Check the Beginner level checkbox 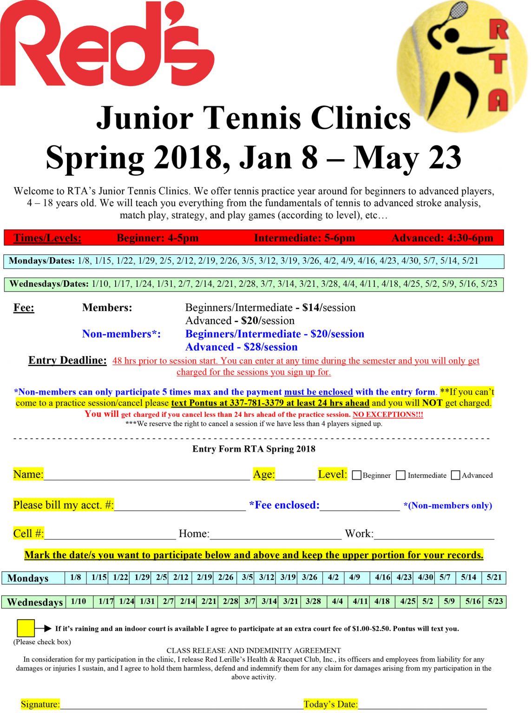357,475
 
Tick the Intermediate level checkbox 400,475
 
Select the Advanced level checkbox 455,475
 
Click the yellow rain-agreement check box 26,628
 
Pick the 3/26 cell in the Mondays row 309,577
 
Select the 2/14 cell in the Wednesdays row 188,602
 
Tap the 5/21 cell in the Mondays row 494,577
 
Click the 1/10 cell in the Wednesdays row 79,602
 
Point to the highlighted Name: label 28,474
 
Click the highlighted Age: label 264,474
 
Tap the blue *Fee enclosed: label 284,506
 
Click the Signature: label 40,704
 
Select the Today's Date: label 330,704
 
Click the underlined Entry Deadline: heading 67,361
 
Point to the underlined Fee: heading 24,308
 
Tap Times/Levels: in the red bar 47,238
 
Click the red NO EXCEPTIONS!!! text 387,415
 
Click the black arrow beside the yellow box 44,628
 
